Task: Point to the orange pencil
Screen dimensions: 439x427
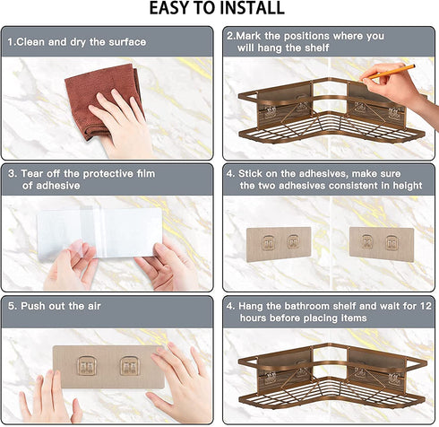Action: (392, 72)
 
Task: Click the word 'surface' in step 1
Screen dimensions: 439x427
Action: (127, 42)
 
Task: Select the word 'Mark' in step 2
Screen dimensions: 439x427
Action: (249, 36)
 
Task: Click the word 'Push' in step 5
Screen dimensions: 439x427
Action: (32, 306)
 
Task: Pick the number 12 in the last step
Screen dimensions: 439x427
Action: (426, 306)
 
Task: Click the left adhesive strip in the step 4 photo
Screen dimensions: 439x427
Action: (279, 244)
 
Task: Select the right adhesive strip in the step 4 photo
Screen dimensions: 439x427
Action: (382, 244)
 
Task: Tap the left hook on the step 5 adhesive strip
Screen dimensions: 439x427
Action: (87, 366)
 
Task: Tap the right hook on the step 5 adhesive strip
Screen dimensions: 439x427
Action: (130, 366)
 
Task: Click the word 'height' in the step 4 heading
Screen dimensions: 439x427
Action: (408, 186)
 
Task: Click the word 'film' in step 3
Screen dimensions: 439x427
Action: (145, 174)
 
